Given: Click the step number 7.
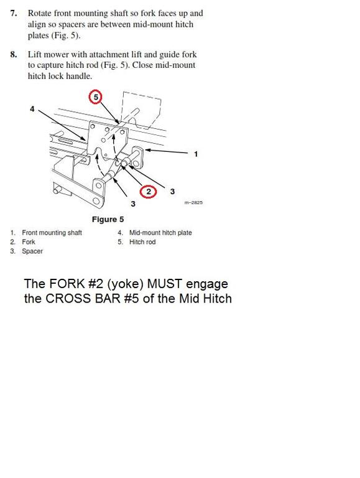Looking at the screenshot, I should click(x=13, y=13).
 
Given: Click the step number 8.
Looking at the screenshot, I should click(x=13, y=54).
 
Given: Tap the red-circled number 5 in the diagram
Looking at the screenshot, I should click(x=95, y=97).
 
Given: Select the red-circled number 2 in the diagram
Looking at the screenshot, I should click(x=148, y=192).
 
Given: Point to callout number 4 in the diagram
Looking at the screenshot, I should click(x=32, y=109).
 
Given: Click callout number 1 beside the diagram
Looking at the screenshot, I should click(x=196, y=154).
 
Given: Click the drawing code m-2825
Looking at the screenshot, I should click(x=193, y=203).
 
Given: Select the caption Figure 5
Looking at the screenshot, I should click(x=108, y=219).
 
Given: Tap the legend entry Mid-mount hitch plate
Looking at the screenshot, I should click(x=160, y=233).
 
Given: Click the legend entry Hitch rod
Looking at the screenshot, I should click(x=142, y=242).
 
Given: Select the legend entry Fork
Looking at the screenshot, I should click(x=29, y=242).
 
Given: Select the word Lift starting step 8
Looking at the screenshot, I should click(x=35, y=54).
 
